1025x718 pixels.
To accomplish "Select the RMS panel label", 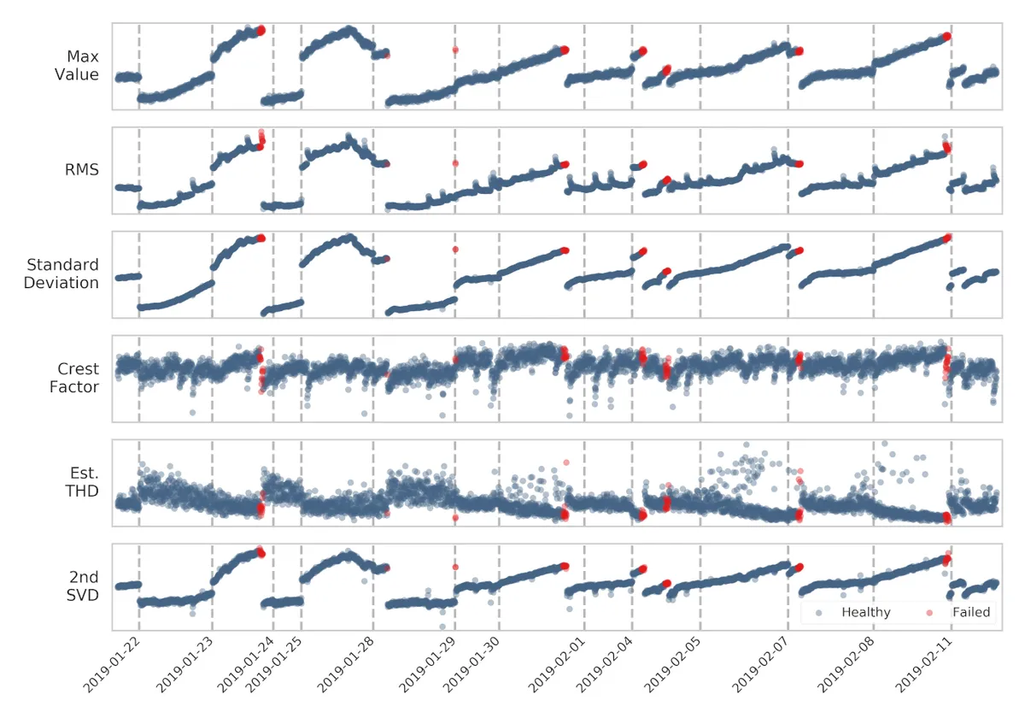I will (83, 170).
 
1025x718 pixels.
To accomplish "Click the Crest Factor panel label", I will (78, 378).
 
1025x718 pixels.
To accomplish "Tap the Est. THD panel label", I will (82, 482).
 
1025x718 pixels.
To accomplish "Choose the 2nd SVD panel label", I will (83, 586).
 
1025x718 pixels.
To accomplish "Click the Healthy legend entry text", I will (865, 612).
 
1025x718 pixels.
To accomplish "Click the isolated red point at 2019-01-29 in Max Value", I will (455, 50).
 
